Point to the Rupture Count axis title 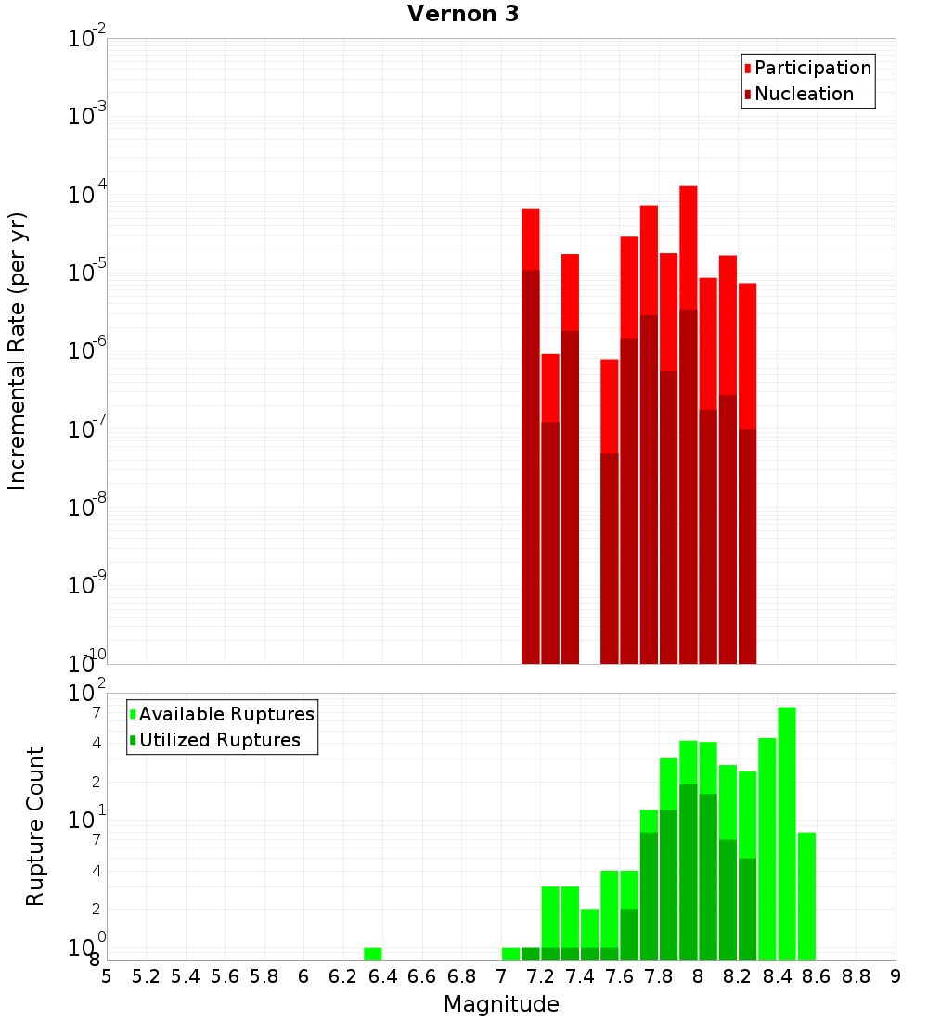[x=35, y=825]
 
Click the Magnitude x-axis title [x=501, y=1004]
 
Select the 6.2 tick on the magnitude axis [x=343, y=976]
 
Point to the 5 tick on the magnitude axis [x=107, y=976]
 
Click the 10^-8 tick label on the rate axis [x=87, y=507]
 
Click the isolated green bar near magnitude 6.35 [x=373, y=953]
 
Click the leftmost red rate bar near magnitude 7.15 [x=531, y=371]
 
